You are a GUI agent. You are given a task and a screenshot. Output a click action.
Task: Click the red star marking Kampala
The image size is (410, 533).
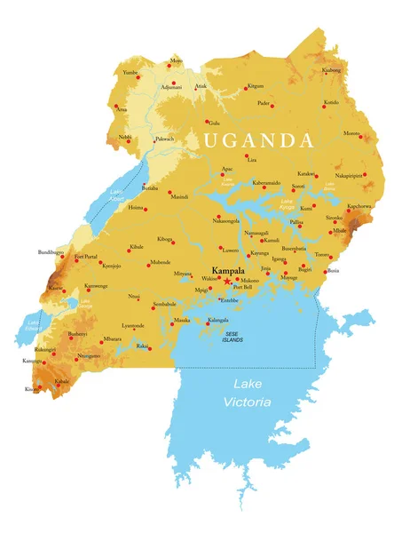click(227, 281)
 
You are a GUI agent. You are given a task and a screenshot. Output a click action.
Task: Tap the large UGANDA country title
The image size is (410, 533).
click(257, 141)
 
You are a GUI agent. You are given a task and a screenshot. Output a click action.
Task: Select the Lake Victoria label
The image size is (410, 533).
click(252, 393)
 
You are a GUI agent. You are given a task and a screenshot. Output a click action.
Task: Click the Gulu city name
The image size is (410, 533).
click(214, 123)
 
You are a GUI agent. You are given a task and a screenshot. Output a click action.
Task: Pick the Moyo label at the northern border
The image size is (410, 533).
click(176, 61)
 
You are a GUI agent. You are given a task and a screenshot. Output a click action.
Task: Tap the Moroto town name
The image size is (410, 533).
click(352, 134)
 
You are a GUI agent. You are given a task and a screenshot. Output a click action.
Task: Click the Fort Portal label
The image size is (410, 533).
click(86, 257)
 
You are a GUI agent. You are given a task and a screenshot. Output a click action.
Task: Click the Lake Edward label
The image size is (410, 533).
click(34, 325)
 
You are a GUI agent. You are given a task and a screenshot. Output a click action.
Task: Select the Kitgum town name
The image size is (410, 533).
click(256, 86)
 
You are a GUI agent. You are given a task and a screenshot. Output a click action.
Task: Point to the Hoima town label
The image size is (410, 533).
click(135, 207)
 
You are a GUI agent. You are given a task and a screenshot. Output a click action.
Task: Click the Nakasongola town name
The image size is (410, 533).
click(226, 220)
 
